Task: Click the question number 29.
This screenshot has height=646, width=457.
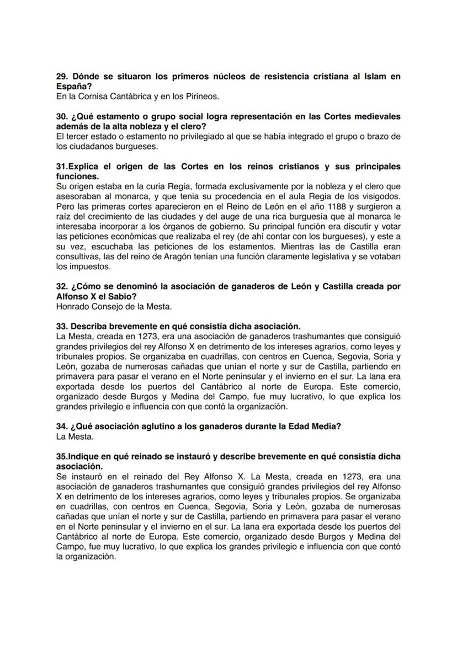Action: point(62,77)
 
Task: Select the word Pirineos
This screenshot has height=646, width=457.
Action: point(202,97)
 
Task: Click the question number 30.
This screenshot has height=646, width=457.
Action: point(62,117)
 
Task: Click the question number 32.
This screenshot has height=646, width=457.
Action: point(62,286)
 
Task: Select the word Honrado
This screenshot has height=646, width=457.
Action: point(75,306)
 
